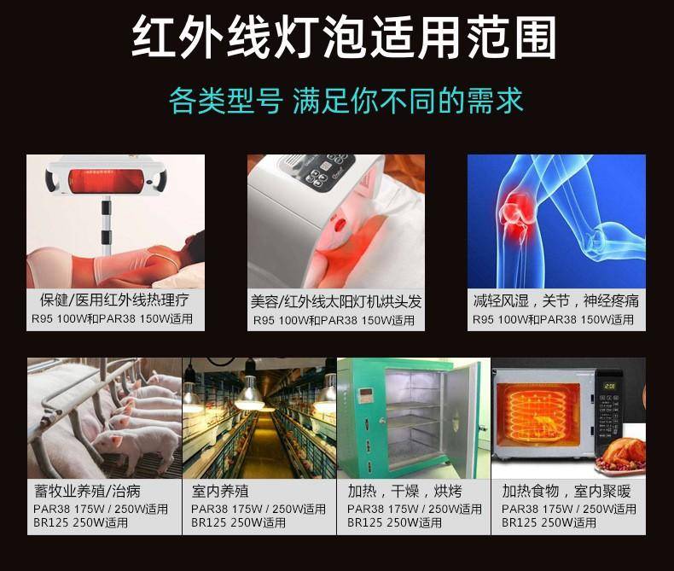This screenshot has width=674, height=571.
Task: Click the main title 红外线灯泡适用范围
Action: click(x=343, y=37)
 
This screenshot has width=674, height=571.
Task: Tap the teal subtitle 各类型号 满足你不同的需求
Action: click(x=346, y=102)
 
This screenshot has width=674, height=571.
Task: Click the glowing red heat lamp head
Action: click(x=106, y=181)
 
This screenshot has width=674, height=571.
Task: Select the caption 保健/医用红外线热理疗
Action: click(x=114, y=300)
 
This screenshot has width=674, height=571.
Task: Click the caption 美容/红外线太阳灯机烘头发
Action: click(x=335, y=301)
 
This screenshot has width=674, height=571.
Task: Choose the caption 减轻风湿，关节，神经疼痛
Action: click(x=555, y=301)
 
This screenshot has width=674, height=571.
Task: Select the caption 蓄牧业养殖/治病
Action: click(x=87, y=491)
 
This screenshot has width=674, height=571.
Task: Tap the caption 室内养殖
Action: click(x=220, y=491)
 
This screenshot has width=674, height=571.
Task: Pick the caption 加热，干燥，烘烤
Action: click(x=405, y=491)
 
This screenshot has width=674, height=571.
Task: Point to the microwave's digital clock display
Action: click(x=610, y=386)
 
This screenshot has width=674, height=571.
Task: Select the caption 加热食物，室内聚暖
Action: click(x=567, y=491)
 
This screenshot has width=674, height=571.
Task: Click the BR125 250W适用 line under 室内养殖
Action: click(x=239, y=522)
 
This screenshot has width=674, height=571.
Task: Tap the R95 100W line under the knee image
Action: click(x=553, y=319)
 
